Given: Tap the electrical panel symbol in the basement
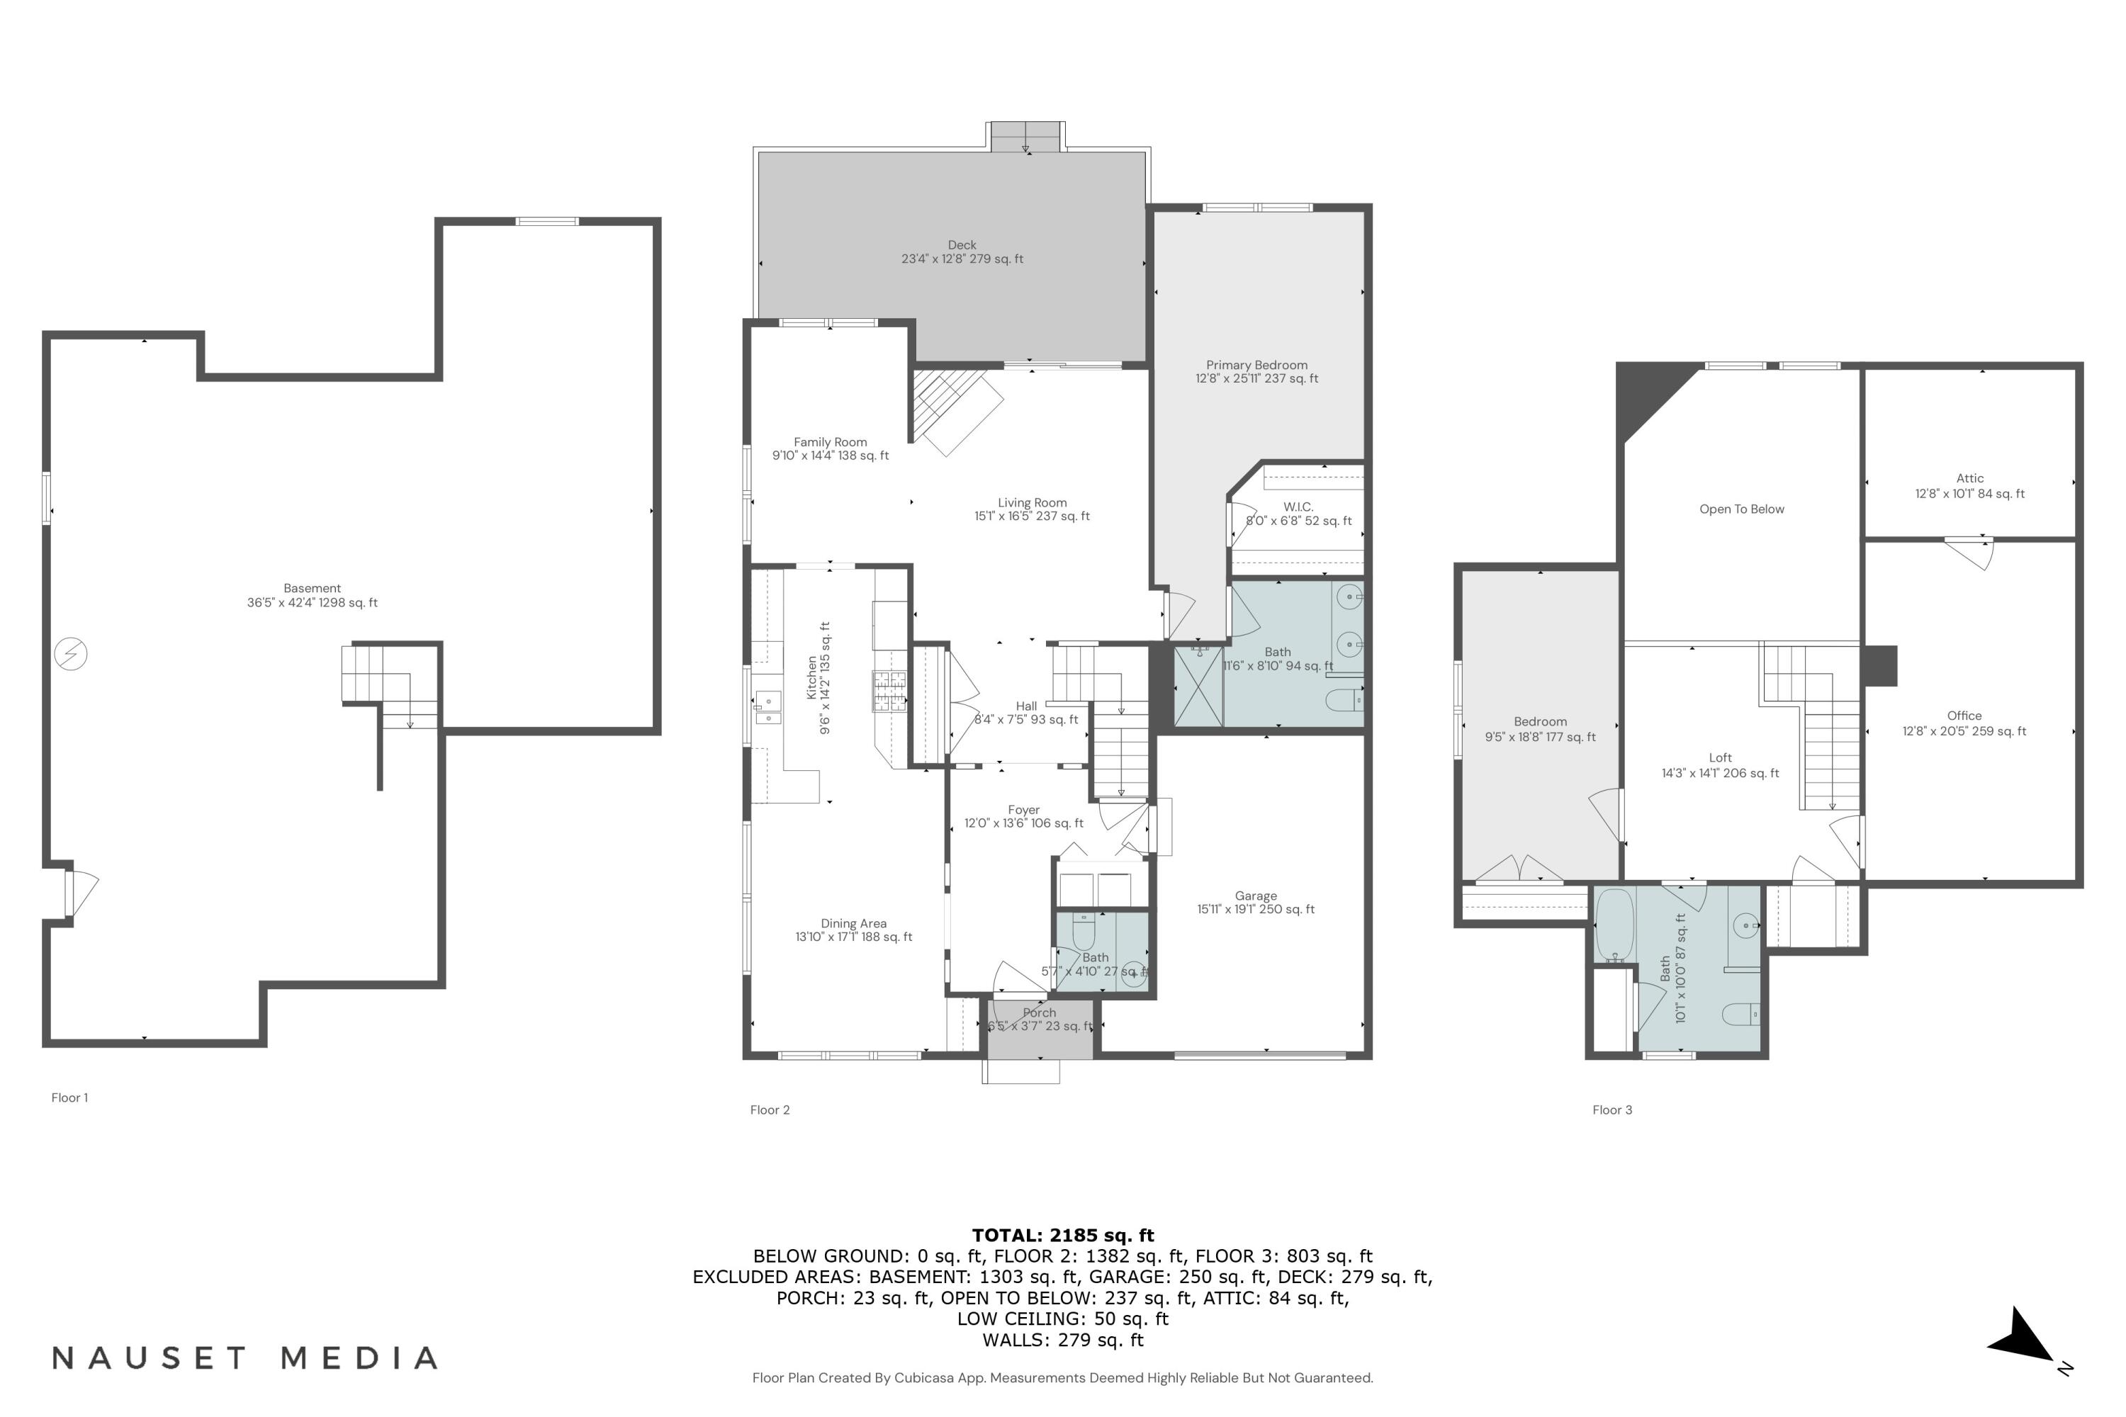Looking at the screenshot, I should point(70,653).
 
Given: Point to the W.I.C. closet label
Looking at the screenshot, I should point(1298,508).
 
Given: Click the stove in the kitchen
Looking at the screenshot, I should point(889,692).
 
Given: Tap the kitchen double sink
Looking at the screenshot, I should point(768,708).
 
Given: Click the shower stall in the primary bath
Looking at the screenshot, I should point(1198,685).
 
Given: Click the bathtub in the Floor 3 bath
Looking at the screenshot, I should point(1614,926).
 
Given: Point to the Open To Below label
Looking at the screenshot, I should point(1741,509).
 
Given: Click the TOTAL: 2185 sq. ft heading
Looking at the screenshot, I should point(1062,1236).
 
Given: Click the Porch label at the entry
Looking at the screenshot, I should point(1039,1013).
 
